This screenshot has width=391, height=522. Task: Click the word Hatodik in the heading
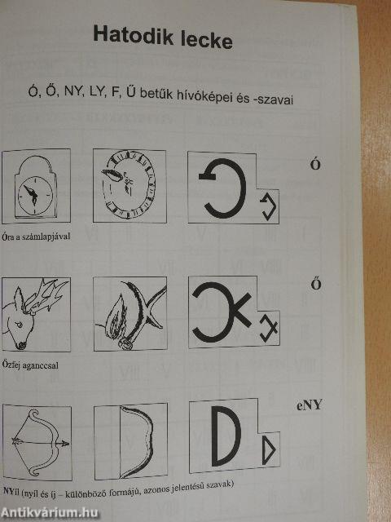pos(133,36)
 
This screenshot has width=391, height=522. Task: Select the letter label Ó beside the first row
pos(315,165)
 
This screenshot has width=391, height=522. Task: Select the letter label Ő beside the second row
pos(315,285)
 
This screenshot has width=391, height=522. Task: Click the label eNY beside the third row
pos(310,405)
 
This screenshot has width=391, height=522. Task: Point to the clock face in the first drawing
pos(35,196)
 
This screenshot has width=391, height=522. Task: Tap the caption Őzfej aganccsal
pos(30,365)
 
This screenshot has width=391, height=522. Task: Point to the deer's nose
pos(21,345)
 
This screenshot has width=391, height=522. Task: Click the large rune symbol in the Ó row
pos(222,188)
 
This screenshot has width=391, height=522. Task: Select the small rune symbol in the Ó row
pos(269,207)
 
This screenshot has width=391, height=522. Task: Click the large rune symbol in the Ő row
pos(222,312)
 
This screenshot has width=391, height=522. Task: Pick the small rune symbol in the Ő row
pos(268,329)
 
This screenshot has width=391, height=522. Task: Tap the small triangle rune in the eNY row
pos(269,449)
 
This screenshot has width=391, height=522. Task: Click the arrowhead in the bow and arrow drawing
pos(64,444)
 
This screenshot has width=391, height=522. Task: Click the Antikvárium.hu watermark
pos(49,513)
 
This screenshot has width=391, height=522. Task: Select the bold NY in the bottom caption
pos(8,491)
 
